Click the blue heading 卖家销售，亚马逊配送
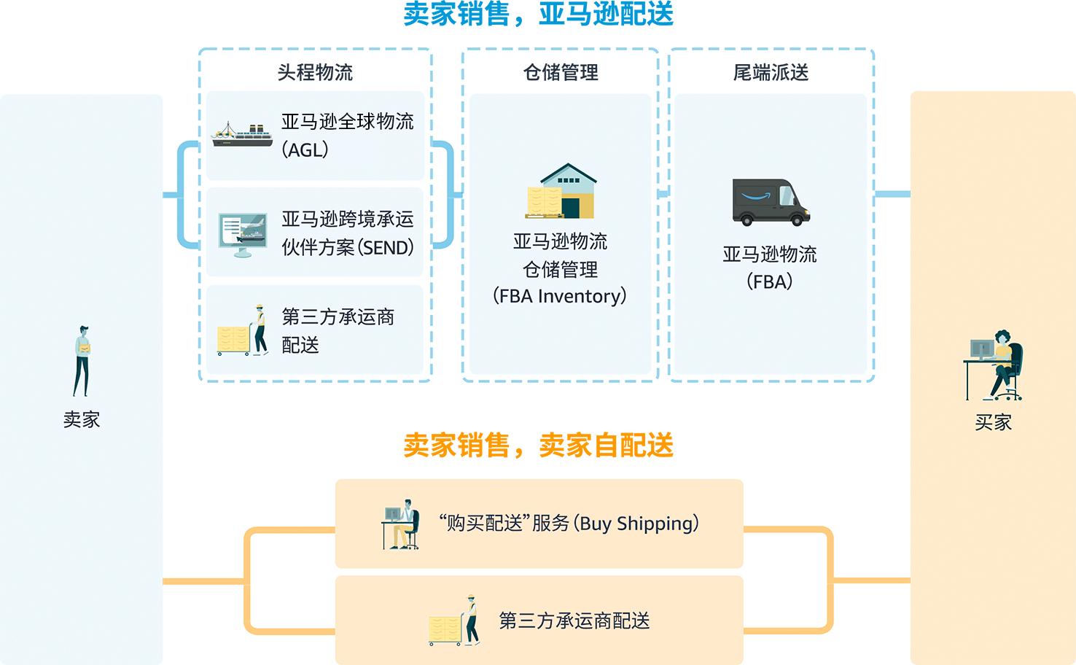click(x=538, y=15)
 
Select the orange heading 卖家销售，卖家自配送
click(x=538, y=446)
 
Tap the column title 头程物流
click(x=315, y=72)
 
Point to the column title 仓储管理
click(x=561, y=72)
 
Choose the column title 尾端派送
click(x=771, y=72)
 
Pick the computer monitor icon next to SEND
click(x=242, y=233)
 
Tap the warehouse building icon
click(x=561, y=191)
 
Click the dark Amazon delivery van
click(x=771, y=201)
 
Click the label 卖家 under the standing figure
click(x=82, y=420)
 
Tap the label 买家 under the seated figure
click(x=993, y=423)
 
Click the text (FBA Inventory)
click(x=560, y=296)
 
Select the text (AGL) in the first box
click(x=305, y=149)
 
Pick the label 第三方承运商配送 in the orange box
click(x=574, y=621)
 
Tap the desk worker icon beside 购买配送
click(x=400, y=524)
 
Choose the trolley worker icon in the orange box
click(x=454, y=621)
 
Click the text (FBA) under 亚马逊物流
click(x=770, y=281)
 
